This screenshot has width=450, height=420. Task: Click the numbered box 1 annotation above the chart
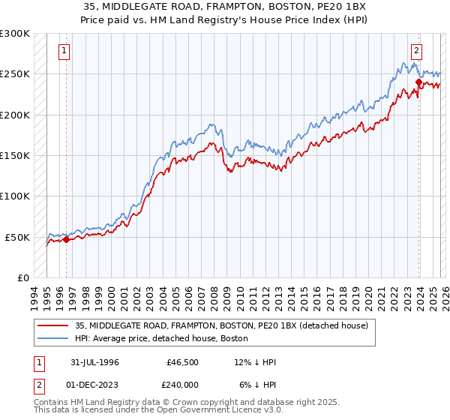tap(64, 51)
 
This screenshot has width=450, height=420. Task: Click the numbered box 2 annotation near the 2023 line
tap(416, 51)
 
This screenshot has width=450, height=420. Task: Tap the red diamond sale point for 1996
tap(66, 240)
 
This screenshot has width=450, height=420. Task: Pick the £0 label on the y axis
tap(22, 277)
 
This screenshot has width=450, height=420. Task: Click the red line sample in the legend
tap(52, 326)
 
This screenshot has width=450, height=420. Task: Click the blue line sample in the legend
tap(52, 339)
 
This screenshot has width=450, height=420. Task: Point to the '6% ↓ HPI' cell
tap(258, 384)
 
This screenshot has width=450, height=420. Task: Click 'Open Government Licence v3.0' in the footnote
tap(216, 411)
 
